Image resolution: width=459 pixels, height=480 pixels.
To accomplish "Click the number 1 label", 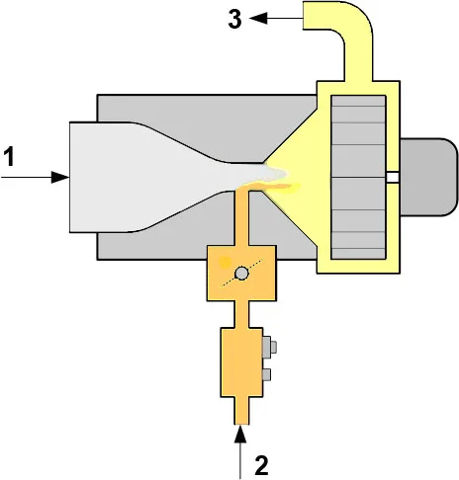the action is tap(9, 156).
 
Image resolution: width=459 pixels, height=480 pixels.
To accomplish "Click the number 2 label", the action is tap(261, 465).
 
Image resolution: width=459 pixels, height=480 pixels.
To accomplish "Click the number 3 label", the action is tap(234, 19).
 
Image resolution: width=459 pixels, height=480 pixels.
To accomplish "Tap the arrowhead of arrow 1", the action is tap(60, 177).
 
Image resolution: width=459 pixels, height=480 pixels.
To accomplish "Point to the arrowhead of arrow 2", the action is tap(240, 434).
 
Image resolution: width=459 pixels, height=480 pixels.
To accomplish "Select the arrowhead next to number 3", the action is tap(258, 18).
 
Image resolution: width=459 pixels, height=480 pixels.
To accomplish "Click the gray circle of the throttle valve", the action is tap(241, 274).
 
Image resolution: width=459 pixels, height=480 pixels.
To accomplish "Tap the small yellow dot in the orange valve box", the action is tap(226, 262).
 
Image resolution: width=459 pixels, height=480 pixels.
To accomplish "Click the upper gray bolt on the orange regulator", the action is tap(269, 347).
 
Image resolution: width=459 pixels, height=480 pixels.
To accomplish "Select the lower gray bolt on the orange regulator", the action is tap(266, 375).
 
